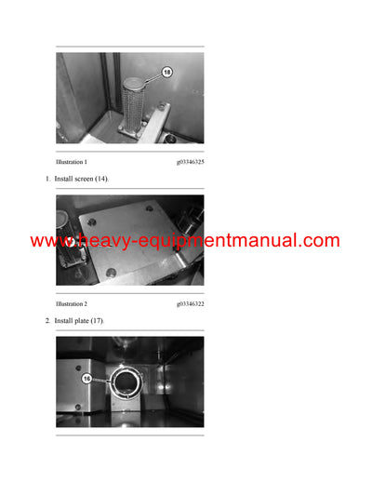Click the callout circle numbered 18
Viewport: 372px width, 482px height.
166,71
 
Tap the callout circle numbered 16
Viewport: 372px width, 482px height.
86,379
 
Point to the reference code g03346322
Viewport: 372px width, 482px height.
190,304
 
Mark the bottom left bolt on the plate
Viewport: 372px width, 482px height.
110,272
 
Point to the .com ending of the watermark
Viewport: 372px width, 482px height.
322,241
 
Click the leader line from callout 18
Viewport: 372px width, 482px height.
151,78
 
